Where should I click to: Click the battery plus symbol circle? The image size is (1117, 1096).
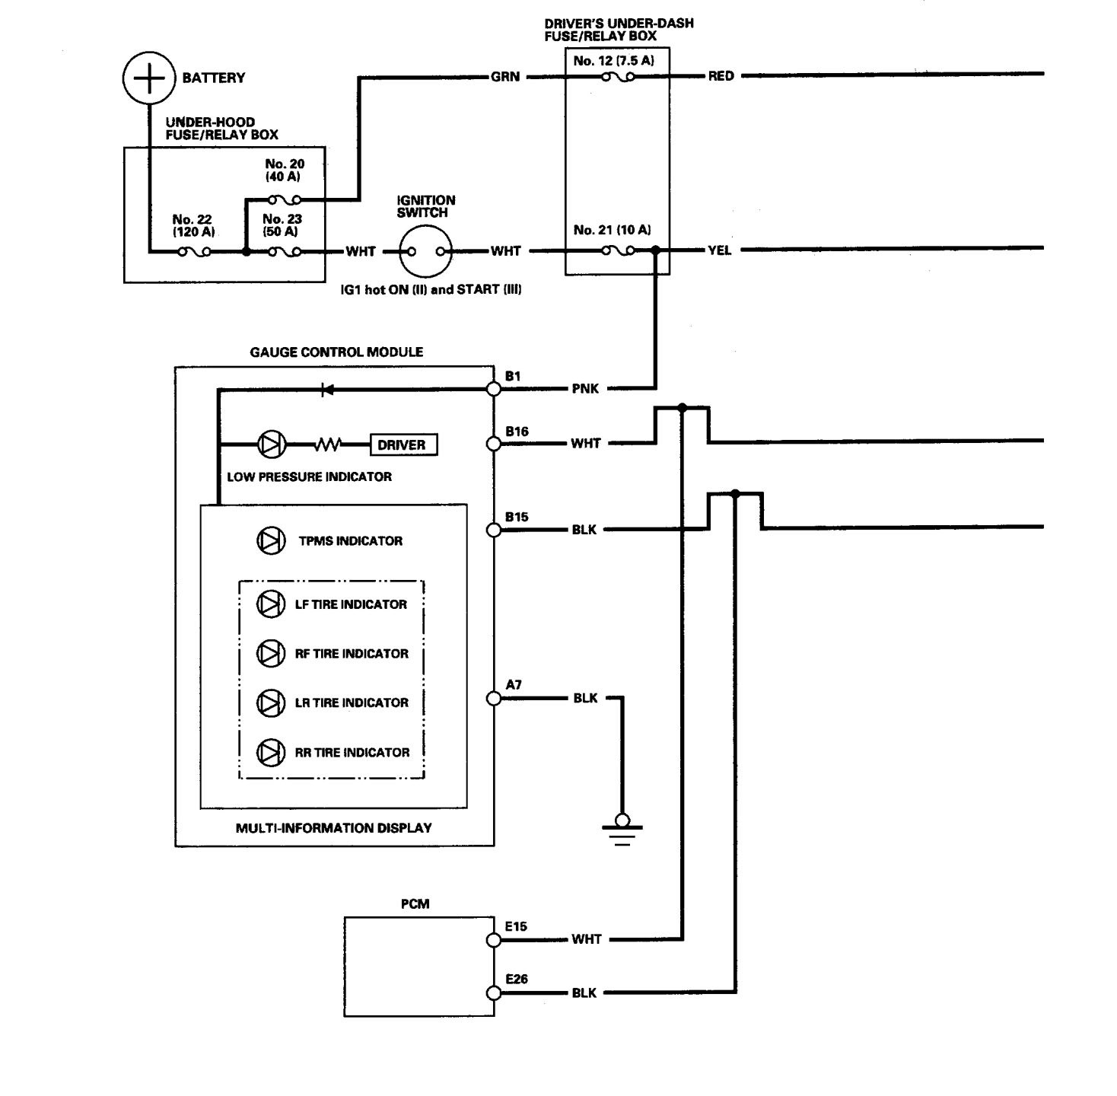[x=149, y=78]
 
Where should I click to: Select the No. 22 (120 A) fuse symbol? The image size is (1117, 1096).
[x=194, y=252]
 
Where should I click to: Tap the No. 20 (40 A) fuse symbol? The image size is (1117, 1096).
[x=285, y=200]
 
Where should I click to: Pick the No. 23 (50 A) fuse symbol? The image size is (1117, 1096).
[x=284, y=252]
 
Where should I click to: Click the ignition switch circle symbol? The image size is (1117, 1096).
[x=425, y=251]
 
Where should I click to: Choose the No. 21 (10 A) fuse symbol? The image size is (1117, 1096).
[x=616, y=250]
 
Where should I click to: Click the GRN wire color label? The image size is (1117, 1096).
[x=505, y=77]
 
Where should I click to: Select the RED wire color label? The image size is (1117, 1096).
[x=721, y=76]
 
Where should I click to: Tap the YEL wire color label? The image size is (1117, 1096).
[x=719, y=250]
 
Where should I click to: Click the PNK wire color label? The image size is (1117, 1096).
[x=585, y=389]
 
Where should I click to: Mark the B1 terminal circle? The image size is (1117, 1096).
[x=494, y=389]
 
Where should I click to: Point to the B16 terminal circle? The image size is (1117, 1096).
[x=494, y=443]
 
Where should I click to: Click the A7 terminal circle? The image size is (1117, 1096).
[x=494, y=698]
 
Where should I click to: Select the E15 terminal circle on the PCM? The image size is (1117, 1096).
[x=494, y=940]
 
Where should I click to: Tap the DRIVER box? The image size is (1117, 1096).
[x=403, y=444]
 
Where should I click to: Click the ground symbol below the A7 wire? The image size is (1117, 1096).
[x=622, y=830]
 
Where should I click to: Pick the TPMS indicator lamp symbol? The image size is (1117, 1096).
[x=270, y=540]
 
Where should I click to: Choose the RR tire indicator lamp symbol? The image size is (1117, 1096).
[x=270, y=752]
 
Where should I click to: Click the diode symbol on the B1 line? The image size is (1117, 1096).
[x=328, y=390]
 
